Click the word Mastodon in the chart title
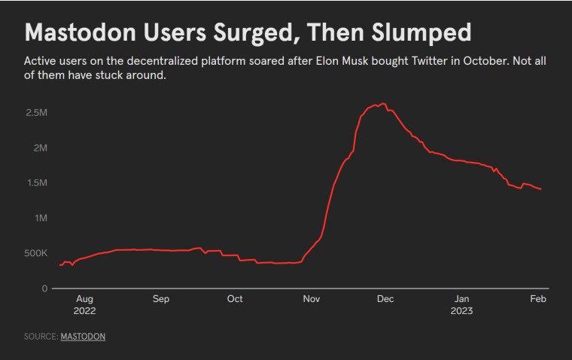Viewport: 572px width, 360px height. point(81,32)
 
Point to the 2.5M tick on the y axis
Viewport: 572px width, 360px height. point(36,113)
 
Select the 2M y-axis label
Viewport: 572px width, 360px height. point(40,148)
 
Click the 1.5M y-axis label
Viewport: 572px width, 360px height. point(37,183)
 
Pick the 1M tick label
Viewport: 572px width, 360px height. point(41,218)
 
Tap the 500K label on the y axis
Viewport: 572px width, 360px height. point(36,253)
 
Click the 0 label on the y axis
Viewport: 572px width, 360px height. point(44,288)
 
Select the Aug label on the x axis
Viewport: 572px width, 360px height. point(84,300)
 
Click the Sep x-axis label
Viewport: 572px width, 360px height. point(161,299)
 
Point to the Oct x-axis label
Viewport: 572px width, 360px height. point(235,299)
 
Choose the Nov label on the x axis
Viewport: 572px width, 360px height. point(312,299)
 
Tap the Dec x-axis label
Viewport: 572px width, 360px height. point(385,299)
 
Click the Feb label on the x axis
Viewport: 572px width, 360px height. point(538,299)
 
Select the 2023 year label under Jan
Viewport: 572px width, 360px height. point(461,311)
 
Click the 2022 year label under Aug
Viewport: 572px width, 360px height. point(84,311)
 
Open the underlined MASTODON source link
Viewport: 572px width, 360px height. point(83,337)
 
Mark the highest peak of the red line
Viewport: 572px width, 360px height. point(382,104)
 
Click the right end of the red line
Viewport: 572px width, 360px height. point(540,189)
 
